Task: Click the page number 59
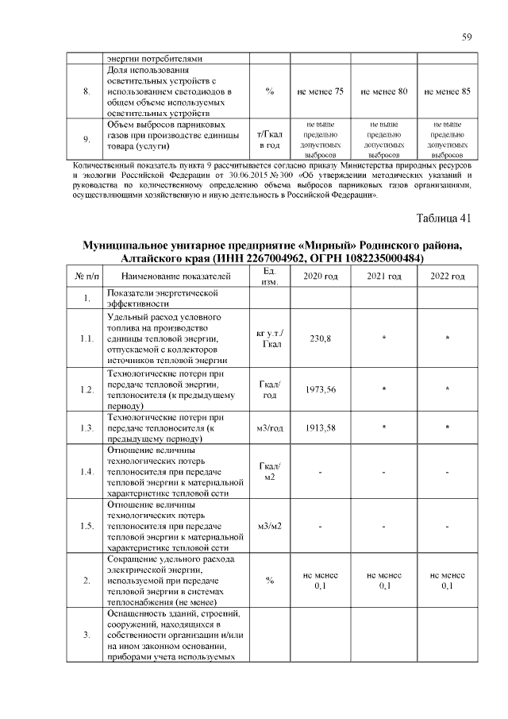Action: click(x=467, y=37)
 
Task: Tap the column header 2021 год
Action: click(x=383, y=276)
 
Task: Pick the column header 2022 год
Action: click(x=448, y=276)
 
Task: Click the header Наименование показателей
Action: click(x=175, y=276)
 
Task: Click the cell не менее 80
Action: click(x=383, y=92)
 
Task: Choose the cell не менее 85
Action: click(x=448, y=92)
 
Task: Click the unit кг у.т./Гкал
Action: click(x=270, y=338)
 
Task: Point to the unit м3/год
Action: click(x=270, y=428)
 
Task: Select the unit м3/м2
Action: click(x=270, y=526)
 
